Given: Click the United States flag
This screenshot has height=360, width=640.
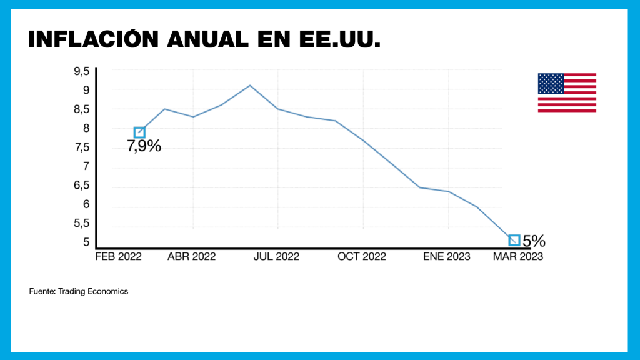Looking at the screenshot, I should [567, 92].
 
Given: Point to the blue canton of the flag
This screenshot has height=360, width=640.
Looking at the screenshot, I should [551, 83].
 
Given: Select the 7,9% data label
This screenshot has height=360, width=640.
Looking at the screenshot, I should [144, 147].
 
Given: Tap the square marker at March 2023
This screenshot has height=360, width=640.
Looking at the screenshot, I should [514, 240].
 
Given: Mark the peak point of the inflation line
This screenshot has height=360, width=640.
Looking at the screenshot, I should [250, 85].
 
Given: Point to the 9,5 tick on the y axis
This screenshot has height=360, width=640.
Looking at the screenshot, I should [82, 71].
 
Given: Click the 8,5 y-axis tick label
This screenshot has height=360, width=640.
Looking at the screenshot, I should [82, 109].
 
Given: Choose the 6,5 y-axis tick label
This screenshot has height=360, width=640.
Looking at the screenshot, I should [82, 186].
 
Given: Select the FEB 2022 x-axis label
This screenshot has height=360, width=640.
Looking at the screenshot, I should [118, 256].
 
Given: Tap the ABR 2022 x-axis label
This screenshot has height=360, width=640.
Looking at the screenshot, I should [192, 256].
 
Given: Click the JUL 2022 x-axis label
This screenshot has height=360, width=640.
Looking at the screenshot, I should [276, 256].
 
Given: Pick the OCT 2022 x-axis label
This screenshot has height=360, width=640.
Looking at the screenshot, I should [362, 256].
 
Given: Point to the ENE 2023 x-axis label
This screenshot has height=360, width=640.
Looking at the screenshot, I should [447, 256].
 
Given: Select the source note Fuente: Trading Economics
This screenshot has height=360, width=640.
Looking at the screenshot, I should [79, 292].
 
